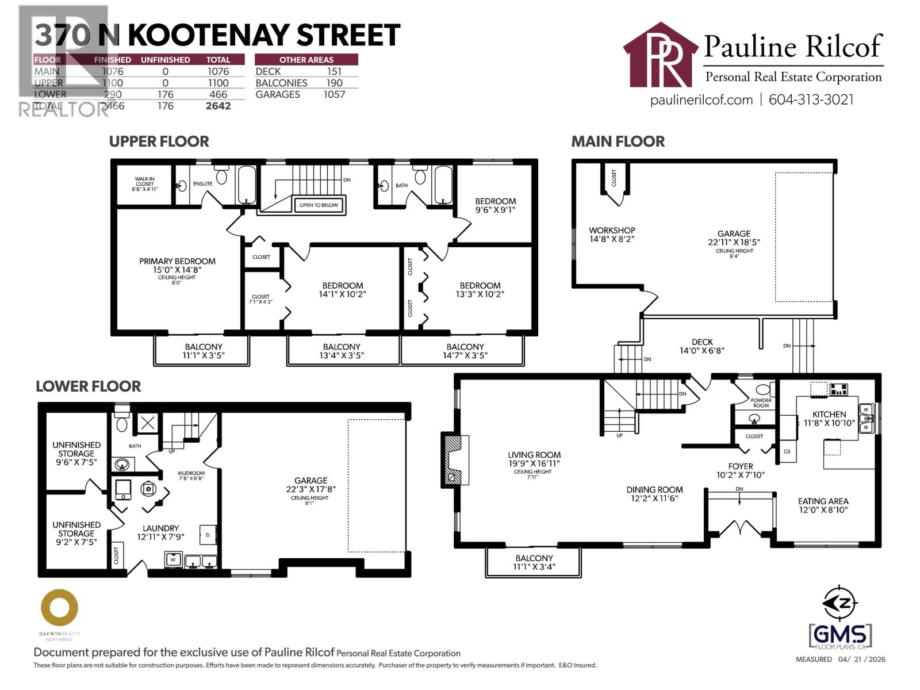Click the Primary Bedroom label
click(x=177, y=266)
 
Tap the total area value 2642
click(x=218, y=106)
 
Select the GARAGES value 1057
click(x=334, y=94)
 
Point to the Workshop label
click(x=612, y=234)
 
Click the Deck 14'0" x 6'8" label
click(x=702, y=346)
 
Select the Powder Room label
click(x=761, y=402)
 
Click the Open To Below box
click(x=319, y=205)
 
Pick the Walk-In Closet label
click(x=144, y=184)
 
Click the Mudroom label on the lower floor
click(x=191, y=476)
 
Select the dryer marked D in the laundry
click(x=208, y=535)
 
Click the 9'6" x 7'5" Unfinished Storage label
click(x=76, y=453)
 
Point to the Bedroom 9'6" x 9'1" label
click(x=495, y=205)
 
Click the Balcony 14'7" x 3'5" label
click(x=465, y=351)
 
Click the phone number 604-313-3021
click(x=811, y=99)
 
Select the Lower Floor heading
click(x=88, y=386)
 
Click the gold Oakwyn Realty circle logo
click(x=59, y=608)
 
